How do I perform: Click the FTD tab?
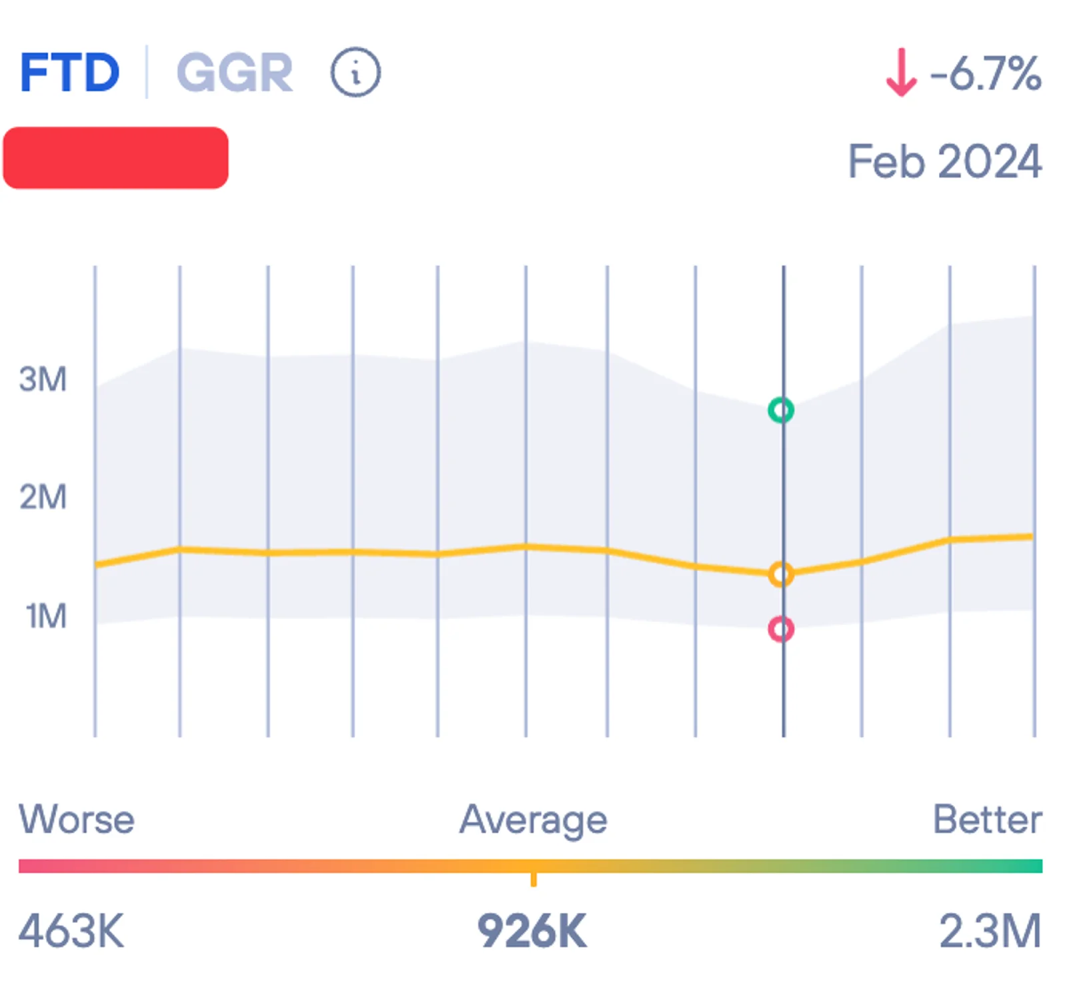[x=69, y=73]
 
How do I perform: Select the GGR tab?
[x=234, y=73]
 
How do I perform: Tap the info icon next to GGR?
[x=355, y=72]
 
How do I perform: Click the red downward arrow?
[x=901, y=73]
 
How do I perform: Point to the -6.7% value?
[x=985, y=73]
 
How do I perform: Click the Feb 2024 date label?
[x=944, y=161]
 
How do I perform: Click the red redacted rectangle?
[x=116, y=158]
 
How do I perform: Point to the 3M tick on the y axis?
[x=43, y=379]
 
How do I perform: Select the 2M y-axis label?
[x=43, y=498]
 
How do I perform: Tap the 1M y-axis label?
[x=46, y=616]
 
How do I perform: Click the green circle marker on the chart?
[x=781, y=410]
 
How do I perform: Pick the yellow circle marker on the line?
[x=781, y=574]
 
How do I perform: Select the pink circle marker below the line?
[x=781, y=629]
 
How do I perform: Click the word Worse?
[x=77, y=819]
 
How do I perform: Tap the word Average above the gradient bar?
[x=533, y=820]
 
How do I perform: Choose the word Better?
[x=987, y=819]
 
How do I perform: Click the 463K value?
[x=71, y=931]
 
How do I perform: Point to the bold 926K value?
[x=532, y=932]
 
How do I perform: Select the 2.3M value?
[x=990, y=931]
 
